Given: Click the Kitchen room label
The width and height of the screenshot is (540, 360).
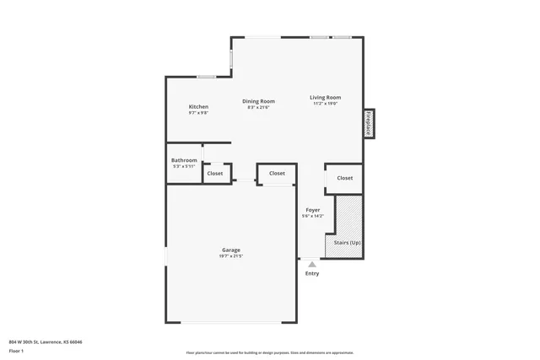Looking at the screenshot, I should click(x=198, y=106).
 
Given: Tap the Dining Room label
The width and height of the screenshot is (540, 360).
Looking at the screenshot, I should click(x=258, y=101).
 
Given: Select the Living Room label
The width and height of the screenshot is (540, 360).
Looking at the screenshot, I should click(x=325, y=98).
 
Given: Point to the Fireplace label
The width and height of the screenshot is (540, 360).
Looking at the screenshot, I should click(x=369, y=123).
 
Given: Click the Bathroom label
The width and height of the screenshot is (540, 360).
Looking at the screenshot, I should click(x=184, y=160).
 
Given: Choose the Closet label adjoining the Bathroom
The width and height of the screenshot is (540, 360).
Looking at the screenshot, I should click(x=215, y=174).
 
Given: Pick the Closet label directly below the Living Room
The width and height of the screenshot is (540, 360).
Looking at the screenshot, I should click(x=344, y=178).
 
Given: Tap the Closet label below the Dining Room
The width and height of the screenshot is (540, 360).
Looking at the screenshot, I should click(x=277, y=174).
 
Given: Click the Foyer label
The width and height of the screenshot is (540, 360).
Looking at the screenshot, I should click(x=312, y=210).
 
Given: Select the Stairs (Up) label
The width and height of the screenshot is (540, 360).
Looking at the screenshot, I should click(x=348, y=242).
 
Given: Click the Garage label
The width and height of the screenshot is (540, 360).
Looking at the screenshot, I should click(x=231, y=250).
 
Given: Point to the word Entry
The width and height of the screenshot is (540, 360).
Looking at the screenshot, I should click(x=312, y=273).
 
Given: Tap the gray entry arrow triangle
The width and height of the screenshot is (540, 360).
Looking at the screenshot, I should click(x=312, y=264).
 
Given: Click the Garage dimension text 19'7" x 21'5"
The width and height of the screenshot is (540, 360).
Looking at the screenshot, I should click(x=231, y=256).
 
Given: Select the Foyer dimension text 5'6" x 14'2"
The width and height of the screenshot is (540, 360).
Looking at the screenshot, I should click(x=312, y=217).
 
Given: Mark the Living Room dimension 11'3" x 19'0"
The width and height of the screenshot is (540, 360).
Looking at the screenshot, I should click(x=325, y=104).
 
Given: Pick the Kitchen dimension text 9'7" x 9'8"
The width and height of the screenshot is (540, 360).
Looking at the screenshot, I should click(x=198, y=113).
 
